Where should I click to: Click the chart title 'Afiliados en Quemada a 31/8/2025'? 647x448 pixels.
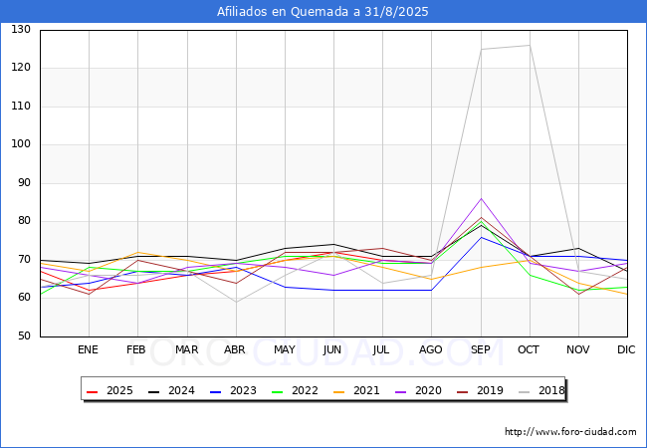tap(323, 12)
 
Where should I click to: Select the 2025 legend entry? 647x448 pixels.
tap(110, 390)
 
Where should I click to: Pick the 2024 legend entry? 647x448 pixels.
tap(171, 390)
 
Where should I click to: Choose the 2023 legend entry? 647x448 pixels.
tap(234, 390)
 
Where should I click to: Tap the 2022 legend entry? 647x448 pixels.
tap(295, 390)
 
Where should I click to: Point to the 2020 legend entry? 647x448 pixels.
tap(418, 390)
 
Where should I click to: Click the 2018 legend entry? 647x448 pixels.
tap(541, 390)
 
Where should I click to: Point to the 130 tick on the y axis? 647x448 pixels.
tap(21, 29)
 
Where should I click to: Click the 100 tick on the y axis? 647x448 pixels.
tap(21, 144)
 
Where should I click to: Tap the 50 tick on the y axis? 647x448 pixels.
tap(24, 336)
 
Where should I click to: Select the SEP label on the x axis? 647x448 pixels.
tap(481, 349)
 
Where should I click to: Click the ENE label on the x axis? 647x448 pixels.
tap(88, 349)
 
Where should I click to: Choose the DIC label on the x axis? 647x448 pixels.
tap(626, 349)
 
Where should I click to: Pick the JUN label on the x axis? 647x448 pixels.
tap(332, 349)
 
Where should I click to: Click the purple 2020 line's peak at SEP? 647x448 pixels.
tap(481, 198)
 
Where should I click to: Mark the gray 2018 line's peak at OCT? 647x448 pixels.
tap(530, 46)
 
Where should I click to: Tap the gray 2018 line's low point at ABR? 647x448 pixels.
tap(236, 302)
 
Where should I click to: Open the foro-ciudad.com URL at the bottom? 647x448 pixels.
tap(570, 432)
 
